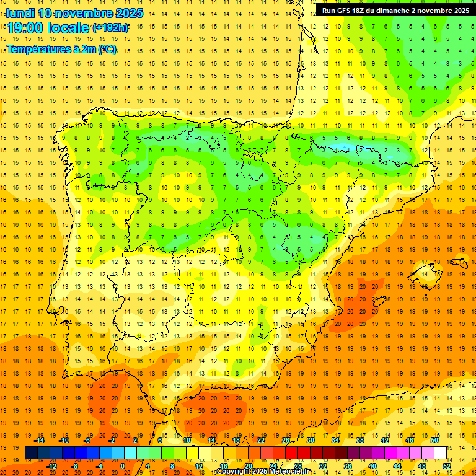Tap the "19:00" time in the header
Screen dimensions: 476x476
click(28, 28)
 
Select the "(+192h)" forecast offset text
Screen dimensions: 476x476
click(110, 28)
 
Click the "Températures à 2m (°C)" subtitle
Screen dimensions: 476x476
click(61, 50)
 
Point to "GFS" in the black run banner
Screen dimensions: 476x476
click(346, 11)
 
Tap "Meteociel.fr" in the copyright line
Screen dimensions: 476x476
click(289, 472)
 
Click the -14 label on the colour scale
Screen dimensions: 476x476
click(40, 440)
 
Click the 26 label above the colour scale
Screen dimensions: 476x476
click(286, 440)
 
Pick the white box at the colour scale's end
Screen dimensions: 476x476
click(440, 453)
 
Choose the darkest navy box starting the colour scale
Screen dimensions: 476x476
click(31, 453)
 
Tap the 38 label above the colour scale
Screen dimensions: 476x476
click(360, 440)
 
